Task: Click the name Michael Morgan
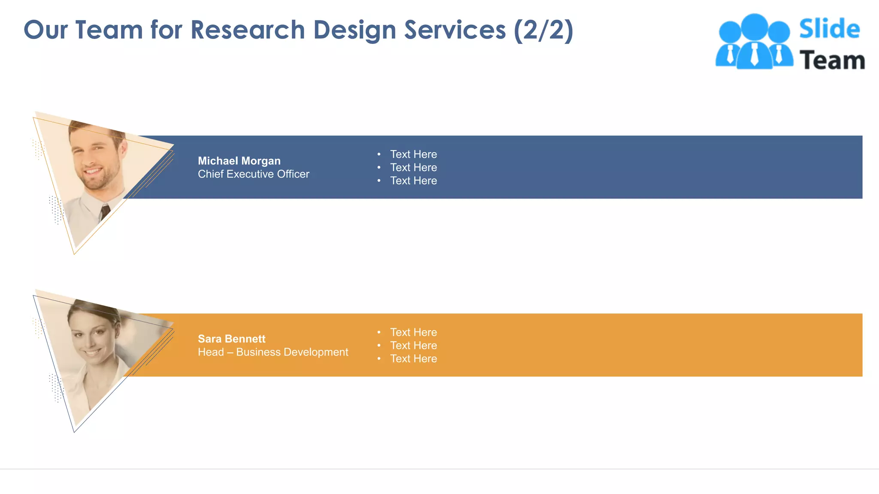(239, 161)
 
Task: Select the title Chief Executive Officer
(253, 174)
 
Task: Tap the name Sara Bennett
(231, 339)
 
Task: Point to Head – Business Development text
(273, 352)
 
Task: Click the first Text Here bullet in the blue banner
(413, 154)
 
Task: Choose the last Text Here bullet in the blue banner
(413, 181)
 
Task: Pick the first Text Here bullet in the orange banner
(413, 332)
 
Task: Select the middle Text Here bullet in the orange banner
(413, 346)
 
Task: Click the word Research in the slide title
(248, 30)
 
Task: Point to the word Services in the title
(455, 30)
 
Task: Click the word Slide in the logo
(829, 29)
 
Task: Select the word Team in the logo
(832, 60)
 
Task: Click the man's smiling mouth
(93, 172)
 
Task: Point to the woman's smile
(91, 352)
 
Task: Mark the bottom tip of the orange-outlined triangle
(74, 254)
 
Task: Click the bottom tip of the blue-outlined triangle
(74, 432)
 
